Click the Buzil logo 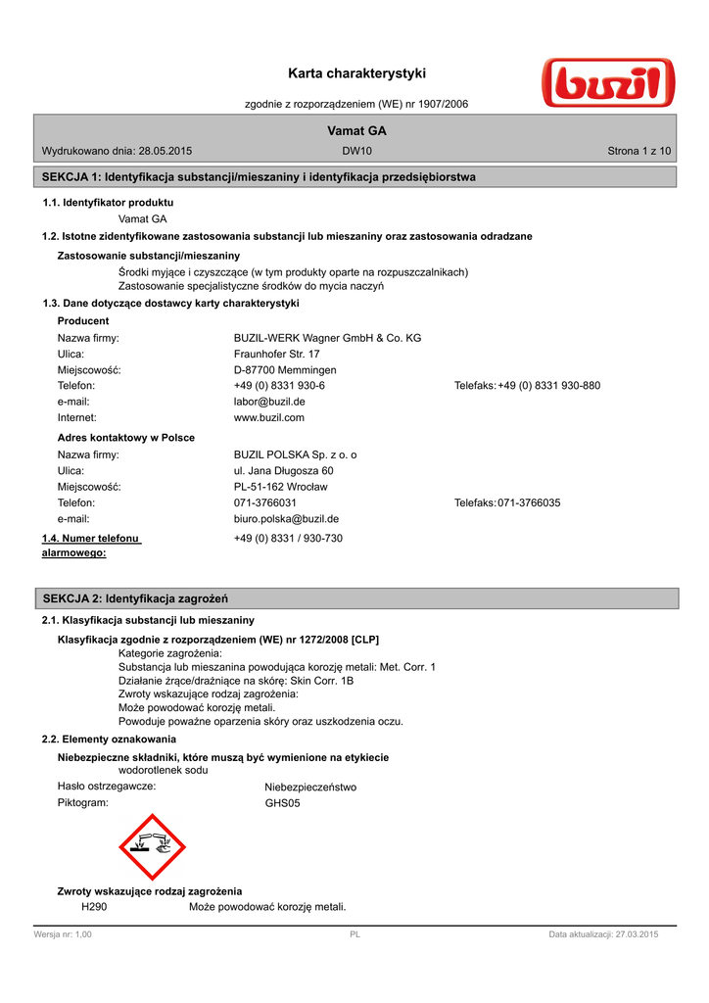click(x=606, y=83)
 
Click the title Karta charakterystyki click(x=357, y=73)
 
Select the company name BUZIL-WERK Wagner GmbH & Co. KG click(x=327, y=338)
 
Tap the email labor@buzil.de click(x=269, y=402)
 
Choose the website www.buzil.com click(x=269, y=417)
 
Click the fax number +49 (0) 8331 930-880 click(x=548, y=386)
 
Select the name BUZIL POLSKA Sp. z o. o click(x=296, y=455)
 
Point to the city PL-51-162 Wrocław click(x=281, y=487)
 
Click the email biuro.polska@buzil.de click(x=286, y=519)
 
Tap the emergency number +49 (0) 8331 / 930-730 click(x=288, y=539)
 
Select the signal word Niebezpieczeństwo click(x=310, y=787)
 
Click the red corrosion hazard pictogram click(x=152, y=847)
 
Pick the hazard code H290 click(x=95, y=906)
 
